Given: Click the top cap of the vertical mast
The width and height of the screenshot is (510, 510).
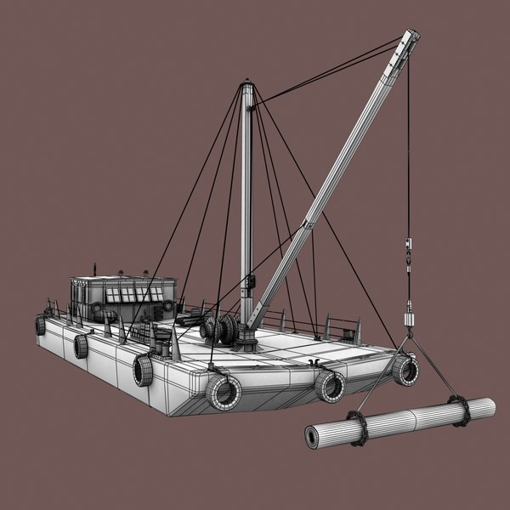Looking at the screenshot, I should [247, 85].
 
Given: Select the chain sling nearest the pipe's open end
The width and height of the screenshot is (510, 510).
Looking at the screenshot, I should [357, 428].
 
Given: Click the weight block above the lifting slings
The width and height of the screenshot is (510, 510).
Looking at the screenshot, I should [408, 317].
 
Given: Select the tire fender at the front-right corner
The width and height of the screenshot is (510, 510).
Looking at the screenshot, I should [405, 369].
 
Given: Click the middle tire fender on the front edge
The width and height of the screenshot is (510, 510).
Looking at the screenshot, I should [330, 386].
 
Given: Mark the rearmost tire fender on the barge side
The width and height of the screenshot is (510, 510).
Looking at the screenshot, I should [40, 325].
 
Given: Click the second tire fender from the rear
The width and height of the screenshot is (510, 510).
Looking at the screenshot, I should [81, 345].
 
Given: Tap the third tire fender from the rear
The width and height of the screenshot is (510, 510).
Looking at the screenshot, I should [142, 370].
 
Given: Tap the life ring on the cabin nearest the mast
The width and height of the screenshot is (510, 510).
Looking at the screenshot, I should [168, 304].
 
